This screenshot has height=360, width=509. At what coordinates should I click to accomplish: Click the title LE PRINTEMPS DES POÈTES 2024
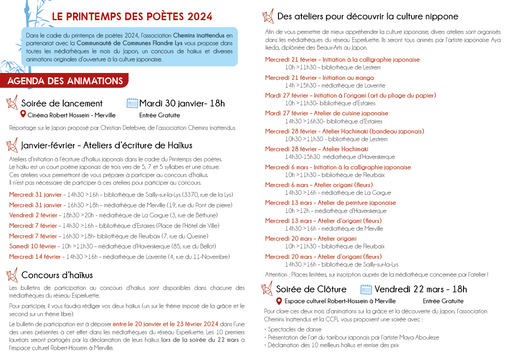coord(132,17)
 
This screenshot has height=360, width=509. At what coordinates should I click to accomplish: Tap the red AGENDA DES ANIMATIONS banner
coord(65,81)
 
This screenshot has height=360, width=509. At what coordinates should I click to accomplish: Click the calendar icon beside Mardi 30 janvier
coord(132,103)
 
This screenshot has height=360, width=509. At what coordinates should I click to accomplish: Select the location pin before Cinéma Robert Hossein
coord(23,114)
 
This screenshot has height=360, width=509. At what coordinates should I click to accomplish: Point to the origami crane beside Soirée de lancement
coord(12,102)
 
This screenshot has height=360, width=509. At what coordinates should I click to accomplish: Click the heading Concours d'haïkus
coord(57,275)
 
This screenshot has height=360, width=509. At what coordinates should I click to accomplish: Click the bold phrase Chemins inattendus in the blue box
coord(199,35)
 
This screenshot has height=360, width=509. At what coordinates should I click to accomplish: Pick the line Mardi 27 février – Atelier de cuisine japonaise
coord(326,113)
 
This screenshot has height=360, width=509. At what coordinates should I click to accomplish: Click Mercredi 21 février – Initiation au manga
coord(319,77)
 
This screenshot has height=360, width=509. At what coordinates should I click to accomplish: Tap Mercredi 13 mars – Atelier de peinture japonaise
coord(330,203)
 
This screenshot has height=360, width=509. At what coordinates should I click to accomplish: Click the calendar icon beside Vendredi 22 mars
coord(366,289)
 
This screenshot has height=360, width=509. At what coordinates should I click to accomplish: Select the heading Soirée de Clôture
coord(311,289)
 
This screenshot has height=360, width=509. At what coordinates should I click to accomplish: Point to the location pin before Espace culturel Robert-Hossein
coord(279,301)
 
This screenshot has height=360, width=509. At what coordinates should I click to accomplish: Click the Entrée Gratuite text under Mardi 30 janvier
coord(160,115)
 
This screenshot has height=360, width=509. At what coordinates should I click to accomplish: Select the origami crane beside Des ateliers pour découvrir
coord(268,16)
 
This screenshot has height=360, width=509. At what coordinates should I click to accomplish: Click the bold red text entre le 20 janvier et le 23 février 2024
coord(165,324)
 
